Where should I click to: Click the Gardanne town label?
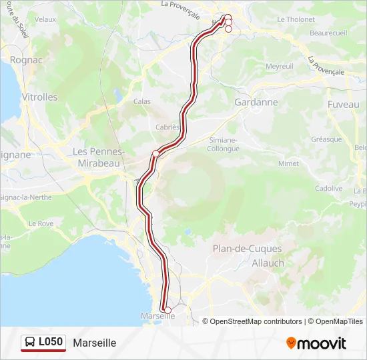256,102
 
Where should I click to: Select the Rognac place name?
25,59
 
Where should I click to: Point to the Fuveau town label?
343,105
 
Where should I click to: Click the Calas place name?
142,101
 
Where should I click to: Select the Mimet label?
288,163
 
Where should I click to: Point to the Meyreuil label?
280,67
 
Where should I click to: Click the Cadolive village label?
328,189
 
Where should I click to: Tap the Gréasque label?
326,139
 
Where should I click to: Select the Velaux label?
45,20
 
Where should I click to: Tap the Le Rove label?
41,224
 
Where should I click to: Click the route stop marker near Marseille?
167,310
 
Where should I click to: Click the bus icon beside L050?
30,343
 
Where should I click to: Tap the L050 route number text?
51,343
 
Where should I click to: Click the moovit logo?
316,343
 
